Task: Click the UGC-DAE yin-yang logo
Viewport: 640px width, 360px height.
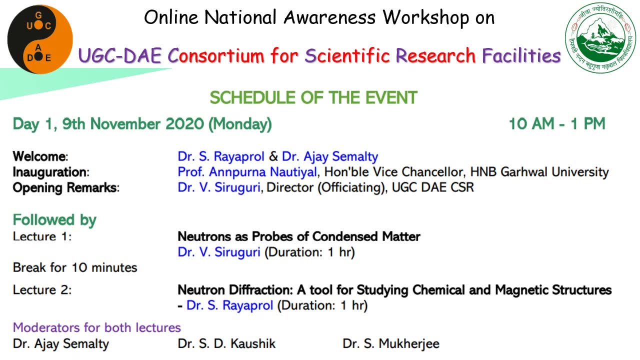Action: coord(40,39)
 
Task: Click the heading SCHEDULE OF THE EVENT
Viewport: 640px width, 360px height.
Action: coord(313,97)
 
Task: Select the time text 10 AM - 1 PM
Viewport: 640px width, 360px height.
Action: coord(556,124)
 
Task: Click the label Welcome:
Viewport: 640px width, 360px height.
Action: coord(40,156)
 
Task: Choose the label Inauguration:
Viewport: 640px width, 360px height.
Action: coord(50,172)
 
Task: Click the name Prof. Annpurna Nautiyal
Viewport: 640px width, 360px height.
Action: coord(247,172)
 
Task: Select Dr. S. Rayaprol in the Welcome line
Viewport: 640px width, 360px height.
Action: coord(220,156)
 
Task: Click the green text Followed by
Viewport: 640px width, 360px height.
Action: coord(54,220)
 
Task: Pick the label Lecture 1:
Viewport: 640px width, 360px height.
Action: coord(42,236)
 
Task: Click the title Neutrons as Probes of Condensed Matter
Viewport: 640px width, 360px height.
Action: coord(299,236)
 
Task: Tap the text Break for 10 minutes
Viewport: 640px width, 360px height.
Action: coord(75,267)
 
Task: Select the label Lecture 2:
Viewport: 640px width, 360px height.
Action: coord(42,290)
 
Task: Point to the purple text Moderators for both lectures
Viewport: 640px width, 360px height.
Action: coord(96,327)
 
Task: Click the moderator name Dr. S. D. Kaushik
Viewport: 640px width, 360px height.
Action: coord(226,344)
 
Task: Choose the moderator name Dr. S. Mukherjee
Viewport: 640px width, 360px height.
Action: coord(390,344)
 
